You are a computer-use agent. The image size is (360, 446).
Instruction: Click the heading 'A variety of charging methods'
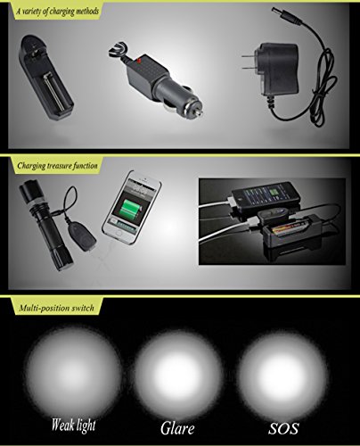(x=58, y=12)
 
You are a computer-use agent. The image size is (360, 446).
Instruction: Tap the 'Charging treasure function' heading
(x=57, y=166)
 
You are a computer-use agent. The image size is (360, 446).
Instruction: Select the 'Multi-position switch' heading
(x=56, y=308)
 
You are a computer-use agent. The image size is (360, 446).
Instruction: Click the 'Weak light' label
(x=73, y=425)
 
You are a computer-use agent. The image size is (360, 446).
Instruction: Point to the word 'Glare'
(x=177, y=428)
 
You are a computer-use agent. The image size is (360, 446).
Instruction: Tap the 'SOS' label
(x=283, y=428)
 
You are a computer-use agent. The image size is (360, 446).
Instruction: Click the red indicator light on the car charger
(x=138, y=62)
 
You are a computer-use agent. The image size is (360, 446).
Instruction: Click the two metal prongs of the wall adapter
(x=247, y=62)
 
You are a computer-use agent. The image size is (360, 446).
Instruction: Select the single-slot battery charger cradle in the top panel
(x=45, y=78)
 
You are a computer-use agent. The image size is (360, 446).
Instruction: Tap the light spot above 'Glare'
(x=178, y=374)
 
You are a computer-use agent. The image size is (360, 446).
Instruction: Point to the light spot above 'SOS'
(x=282, y=374)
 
